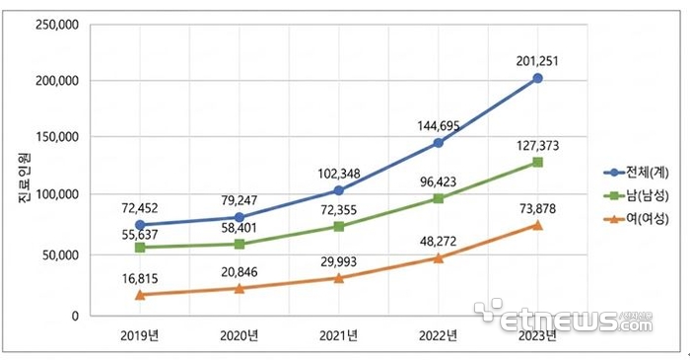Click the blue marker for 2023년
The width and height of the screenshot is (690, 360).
537,78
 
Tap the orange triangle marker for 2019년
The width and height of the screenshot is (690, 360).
139,294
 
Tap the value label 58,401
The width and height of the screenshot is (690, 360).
240,228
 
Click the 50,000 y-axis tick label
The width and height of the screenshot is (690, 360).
60,255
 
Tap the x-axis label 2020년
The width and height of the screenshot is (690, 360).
239,335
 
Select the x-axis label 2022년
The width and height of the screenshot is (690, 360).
438,335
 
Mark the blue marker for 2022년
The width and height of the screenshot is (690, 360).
438,143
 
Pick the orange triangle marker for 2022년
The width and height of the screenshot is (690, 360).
438,257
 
